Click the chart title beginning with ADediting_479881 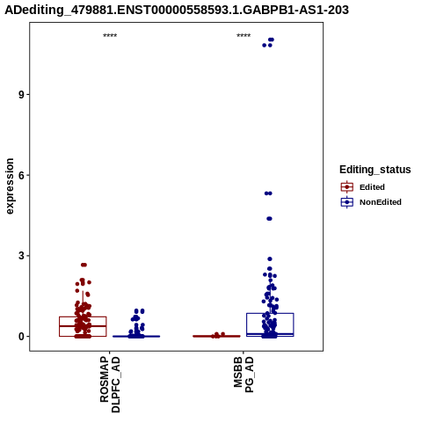point(177,10)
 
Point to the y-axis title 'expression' point(10,186)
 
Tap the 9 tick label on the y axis point(22,95)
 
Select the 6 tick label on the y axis point(22,175)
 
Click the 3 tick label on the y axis point(22,256)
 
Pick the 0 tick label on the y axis point(22,337)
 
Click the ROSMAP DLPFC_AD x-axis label point(110,384)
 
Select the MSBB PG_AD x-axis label point(244,375)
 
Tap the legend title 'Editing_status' point(375,170)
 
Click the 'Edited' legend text point(372,187)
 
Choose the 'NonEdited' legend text point(381,202)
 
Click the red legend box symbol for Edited point(347,187)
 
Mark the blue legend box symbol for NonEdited point(347,202)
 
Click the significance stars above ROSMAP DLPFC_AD point(110,36)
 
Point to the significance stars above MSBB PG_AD point(244,36)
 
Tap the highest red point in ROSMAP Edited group point(84,265)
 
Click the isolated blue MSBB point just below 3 point(270,259)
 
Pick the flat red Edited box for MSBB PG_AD point(216,336)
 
